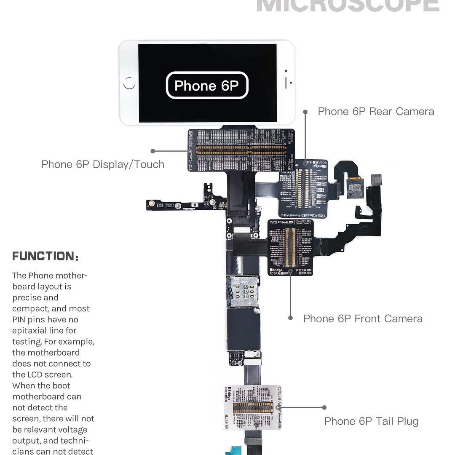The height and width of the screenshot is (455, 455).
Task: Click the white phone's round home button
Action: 129,83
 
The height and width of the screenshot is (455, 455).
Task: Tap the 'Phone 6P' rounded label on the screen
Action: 207,86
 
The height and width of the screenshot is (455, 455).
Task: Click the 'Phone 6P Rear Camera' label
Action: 376,112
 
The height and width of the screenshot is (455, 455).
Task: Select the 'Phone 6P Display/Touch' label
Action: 103,164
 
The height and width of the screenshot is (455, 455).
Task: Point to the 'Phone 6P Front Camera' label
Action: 363,319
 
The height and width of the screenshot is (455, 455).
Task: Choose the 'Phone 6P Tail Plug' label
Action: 371,421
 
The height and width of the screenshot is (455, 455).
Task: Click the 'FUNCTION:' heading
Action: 45,256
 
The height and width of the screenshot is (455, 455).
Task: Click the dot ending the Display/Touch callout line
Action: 153,151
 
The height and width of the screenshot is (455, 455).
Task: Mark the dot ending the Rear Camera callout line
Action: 305,111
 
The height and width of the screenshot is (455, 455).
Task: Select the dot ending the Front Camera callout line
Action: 290,318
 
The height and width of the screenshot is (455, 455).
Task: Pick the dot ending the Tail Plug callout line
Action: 324,407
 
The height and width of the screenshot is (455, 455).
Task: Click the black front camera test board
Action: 290,248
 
